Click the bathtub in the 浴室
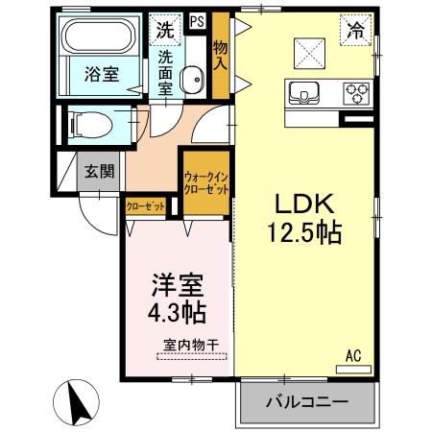click(x=100, y=39)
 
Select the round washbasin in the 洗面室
click(x=190, y=78)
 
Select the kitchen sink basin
click(x=306, y=94)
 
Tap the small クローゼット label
click(x=145, y=205)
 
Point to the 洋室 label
click(x=176, y=285)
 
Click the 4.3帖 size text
click(x=177, y=313)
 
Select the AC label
click(x=352, y=355)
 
